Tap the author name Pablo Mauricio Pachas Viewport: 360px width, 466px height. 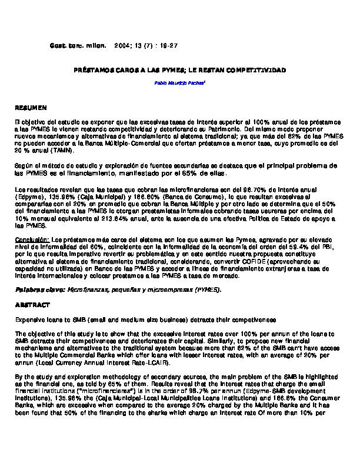(179, 84)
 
